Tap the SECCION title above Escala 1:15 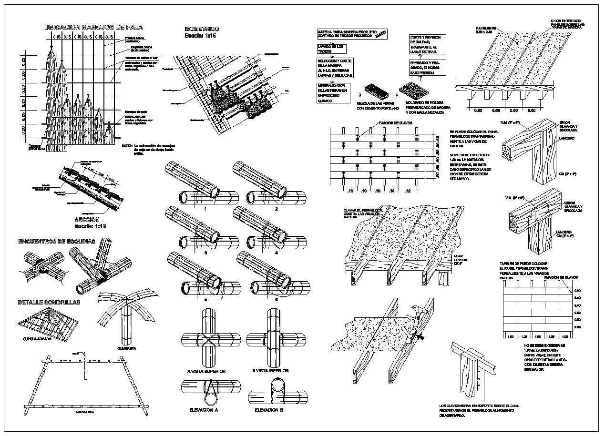tap(91, 219)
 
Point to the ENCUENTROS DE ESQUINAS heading tap(56, 241)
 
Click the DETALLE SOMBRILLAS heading tap(49, 302)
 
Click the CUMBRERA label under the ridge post tap(127, 348)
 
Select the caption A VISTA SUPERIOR tap(206, 371)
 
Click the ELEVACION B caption tap(269, 410)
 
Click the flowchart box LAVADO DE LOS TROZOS tap(331, 48)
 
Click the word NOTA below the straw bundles tap(126, 145)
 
